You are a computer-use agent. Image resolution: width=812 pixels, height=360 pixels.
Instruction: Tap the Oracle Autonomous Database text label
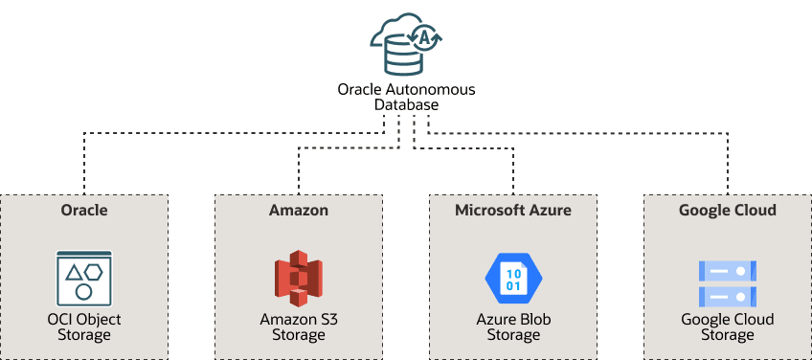coord(406,97)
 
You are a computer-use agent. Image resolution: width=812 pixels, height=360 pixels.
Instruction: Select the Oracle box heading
coord(84,210)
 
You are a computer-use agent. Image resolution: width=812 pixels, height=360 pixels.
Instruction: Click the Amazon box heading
coord(299,210)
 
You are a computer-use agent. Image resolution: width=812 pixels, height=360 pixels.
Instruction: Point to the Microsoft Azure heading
coord(513,210)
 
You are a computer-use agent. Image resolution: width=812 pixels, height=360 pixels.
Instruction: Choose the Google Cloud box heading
coord(728,210)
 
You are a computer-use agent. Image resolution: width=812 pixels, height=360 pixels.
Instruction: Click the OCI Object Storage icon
coord(84,279)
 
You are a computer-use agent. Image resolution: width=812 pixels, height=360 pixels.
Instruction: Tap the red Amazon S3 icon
coord(299,279)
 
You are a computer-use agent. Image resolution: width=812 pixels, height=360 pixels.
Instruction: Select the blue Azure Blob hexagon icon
coord(513,279)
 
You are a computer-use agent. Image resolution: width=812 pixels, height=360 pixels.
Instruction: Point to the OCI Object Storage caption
coord(84,326)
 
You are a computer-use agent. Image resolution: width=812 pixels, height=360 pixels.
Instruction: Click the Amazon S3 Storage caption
coord(299,326)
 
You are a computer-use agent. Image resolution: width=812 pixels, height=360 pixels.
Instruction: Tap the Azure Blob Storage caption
coord(513,326)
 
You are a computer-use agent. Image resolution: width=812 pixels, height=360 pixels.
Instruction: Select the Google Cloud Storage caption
coord(728,326)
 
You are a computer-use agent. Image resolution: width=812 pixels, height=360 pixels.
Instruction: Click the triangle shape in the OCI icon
coord(75,273)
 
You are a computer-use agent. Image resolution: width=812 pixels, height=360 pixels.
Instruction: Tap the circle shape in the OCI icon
coord(84,291)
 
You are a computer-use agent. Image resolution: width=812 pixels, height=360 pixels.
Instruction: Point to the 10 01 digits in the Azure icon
coord(513,280)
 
